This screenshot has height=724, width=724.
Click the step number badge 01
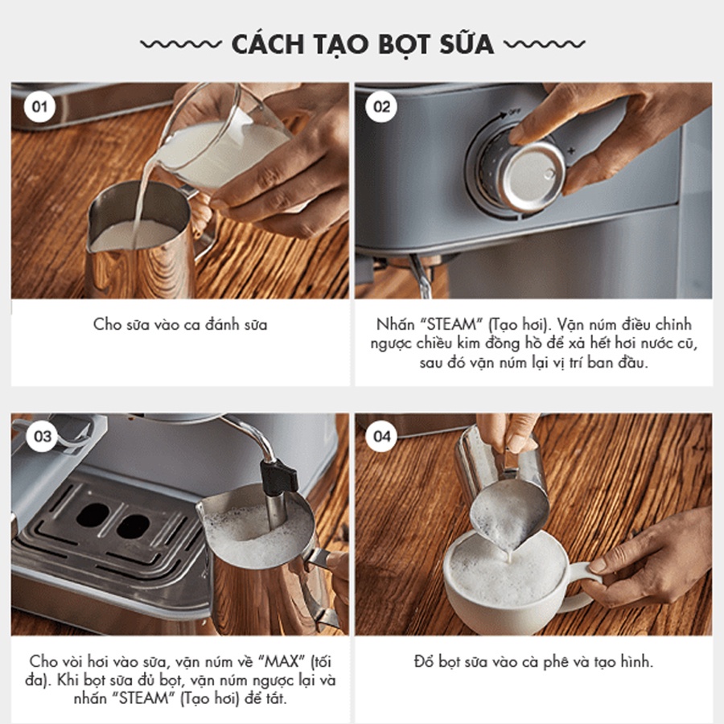[39, 107]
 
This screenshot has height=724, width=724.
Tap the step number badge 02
[381, 107]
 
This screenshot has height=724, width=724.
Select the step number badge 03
[43, 436]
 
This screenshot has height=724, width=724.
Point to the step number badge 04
[382, 436]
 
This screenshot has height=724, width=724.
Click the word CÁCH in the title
[268, 44]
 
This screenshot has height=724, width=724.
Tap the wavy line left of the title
[181, 44]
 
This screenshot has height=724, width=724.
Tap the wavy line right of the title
[545, 44]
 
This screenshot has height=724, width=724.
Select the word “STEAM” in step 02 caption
[452, 325]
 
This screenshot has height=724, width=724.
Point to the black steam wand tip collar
[279, 475]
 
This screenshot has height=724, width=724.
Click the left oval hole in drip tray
[93, 515]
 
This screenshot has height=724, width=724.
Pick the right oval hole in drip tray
[133, 527]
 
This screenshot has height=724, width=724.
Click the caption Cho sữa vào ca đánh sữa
[180, 325]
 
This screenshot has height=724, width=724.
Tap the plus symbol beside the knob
[572, 150]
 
